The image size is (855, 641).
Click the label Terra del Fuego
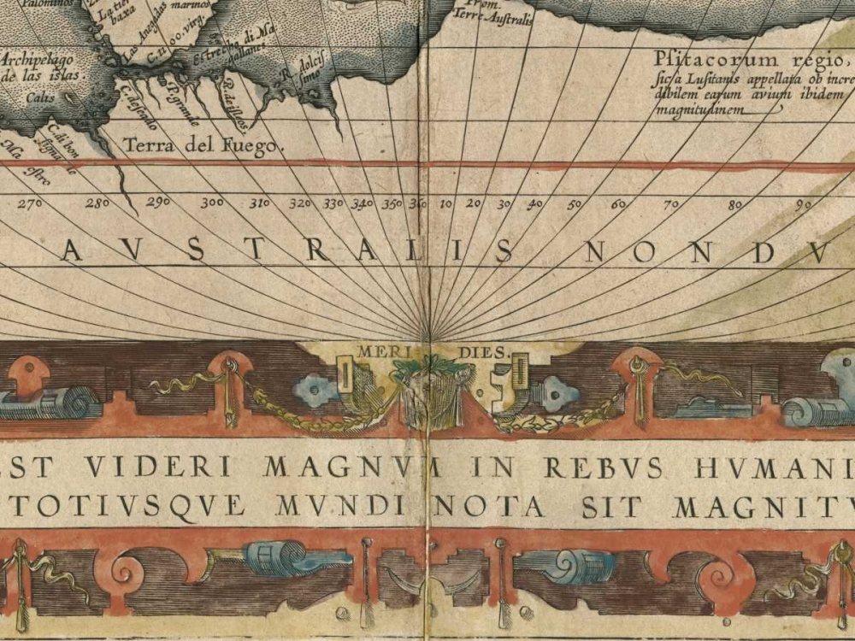(x=203, y=145)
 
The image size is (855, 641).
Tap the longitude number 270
(x=30, y=203)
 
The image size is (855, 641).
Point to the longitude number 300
(x=212, y=203)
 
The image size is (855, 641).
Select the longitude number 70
(x=673, y=205)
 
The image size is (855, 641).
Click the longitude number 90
(x=804, y=205)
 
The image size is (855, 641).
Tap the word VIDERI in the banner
(x=163, y=467)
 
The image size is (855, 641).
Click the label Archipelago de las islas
(x=38, y=68)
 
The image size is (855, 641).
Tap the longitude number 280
(x=97, y=203)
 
